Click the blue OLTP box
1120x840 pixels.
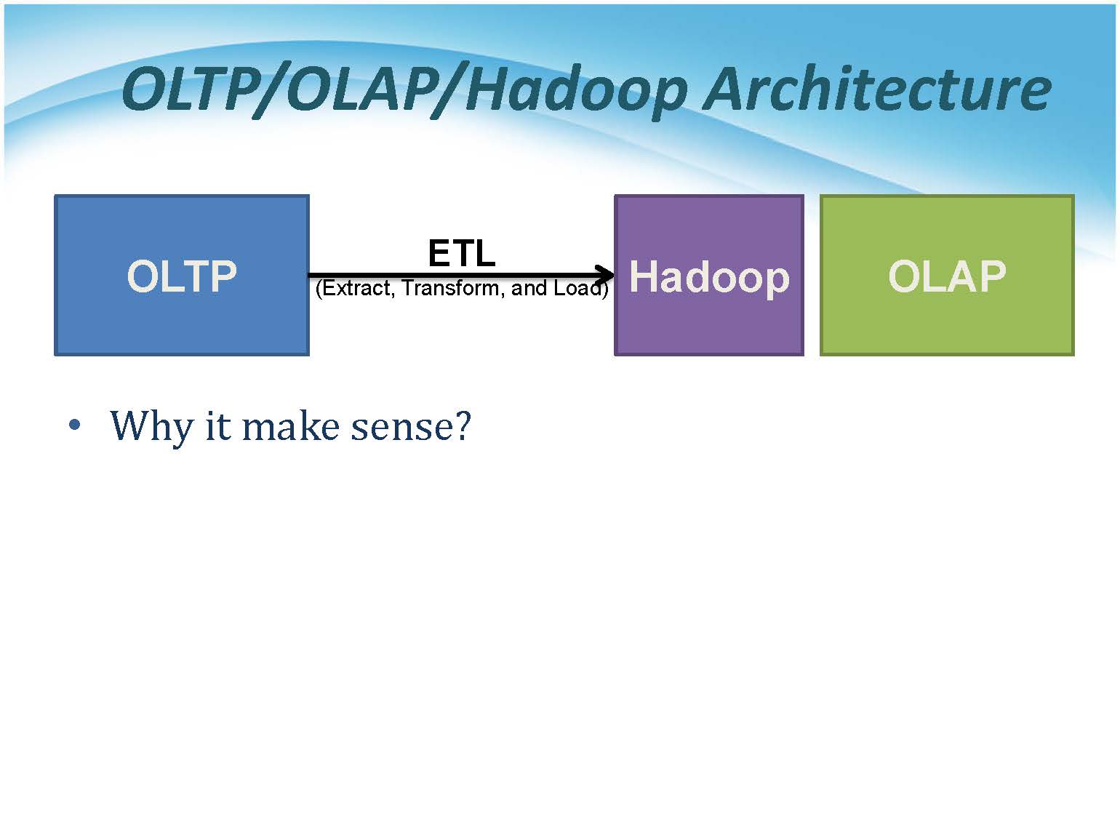(x=182, y=275)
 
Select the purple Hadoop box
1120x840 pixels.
(x=709, y=275)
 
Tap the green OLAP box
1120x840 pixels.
(x=947, y=275)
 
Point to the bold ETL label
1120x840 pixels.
(x=462, y=253)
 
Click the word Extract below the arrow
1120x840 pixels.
(x=355, y=289)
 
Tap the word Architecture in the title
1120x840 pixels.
(x=876, y=89)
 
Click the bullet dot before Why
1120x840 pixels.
(x=74, y=424)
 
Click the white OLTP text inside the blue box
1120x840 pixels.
(x=182, y=276)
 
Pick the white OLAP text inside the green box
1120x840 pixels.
(x=947, y=276)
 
